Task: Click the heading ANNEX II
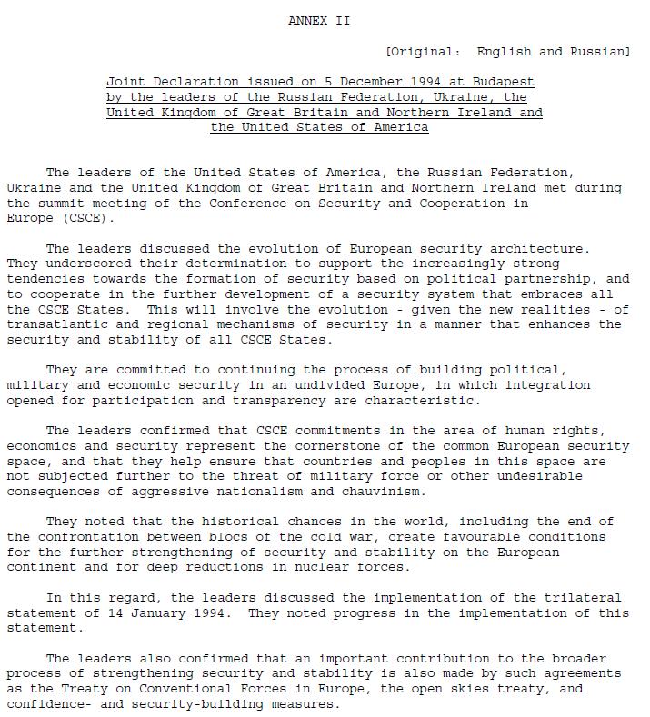319,21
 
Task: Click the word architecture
543,248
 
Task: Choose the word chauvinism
382,492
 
